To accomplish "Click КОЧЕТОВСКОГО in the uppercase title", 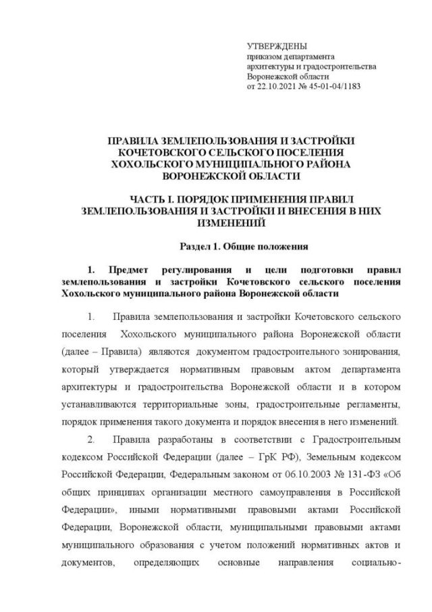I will [157, 153].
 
